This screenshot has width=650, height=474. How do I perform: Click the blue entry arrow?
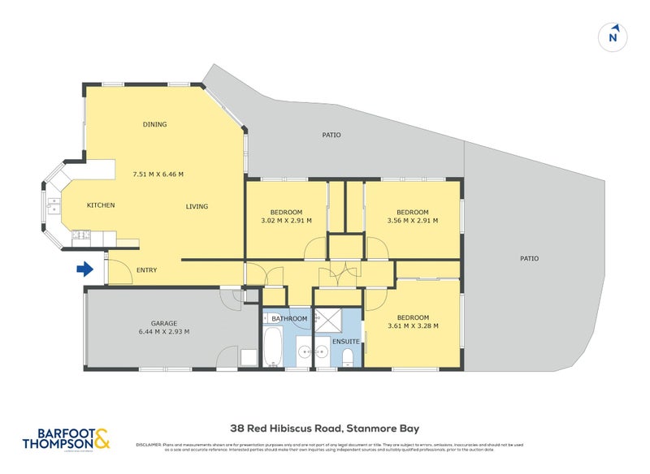[84, 269]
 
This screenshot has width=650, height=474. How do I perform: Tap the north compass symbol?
[613, 37]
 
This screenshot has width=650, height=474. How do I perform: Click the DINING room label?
[154, 124]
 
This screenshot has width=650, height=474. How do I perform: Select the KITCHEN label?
[101, 205]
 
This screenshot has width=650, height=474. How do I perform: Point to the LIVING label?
[197, 206]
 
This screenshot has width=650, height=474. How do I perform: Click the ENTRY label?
[146, 270]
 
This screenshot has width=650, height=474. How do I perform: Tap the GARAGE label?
[163, 323]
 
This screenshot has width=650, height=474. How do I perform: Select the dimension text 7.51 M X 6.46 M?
[158, 174]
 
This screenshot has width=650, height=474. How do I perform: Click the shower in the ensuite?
[328, 322]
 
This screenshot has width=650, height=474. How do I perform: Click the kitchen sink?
[53, 203]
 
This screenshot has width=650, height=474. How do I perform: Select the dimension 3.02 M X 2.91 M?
[286, 220]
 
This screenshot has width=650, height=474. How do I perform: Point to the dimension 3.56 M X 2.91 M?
[413, 220]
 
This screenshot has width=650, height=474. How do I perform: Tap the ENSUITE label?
[345, 342]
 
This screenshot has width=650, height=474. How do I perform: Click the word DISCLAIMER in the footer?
[150, 445]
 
